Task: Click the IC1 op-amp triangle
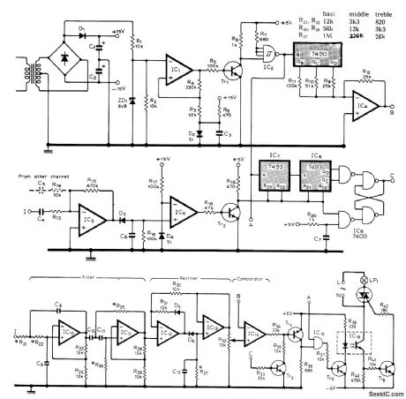point(173,68)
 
